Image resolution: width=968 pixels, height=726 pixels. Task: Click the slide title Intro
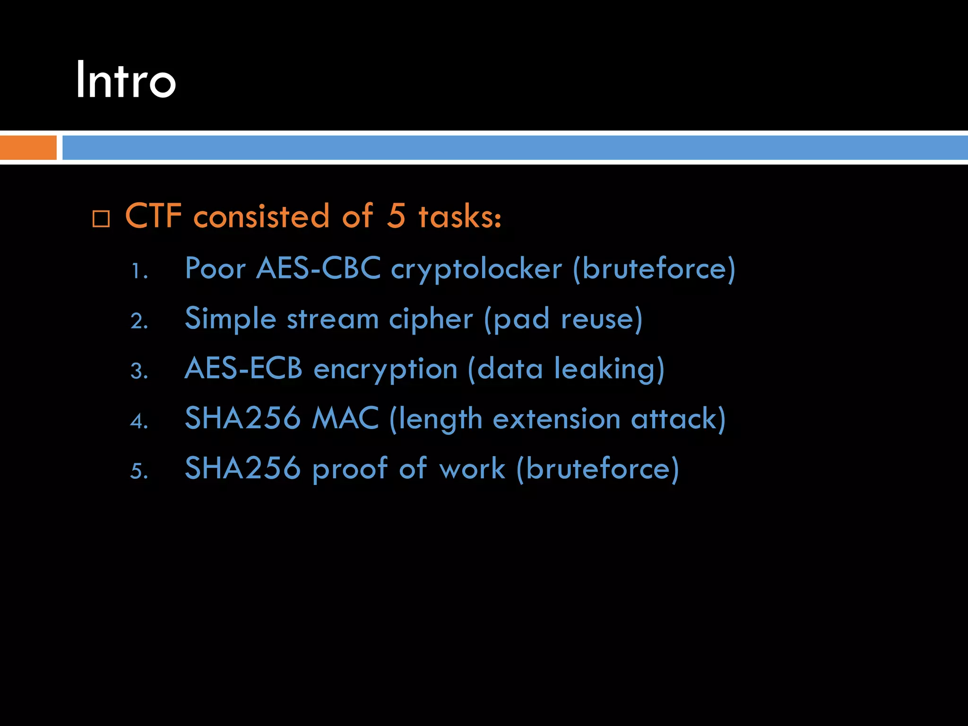(x=126, y=80)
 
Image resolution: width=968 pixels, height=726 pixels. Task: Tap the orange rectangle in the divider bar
(x=28, y=147)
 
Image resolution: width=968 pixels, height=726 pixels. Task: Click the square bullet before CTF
(x=101, y=219)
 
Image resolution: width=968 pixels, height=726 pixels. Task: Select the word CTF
(x=154, y=216)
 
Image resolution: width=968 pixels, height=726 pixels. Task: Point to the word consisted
(x=261, y=216)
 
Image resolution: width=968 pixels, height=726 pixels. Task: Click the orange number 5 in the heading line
(x=396, y=216)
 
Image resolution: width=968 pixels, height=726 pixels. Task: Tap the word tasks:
(x=460, y=216)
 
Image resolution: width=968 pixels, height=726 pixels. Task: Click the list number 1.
(x=139, y=272)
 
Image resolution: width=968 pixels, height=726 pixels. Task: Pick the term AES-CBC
(x=318, y=268)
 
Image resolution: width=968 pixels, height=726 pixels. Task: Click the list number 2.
(x=139, y=321)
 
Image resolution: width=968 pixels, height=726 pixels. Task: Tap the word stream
(x=333, y=319)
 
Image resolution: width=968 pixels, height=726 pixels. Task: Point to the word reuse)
(x=602, y=319)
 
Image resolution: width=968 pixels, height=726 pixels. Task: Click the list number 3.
(x=139, y=371)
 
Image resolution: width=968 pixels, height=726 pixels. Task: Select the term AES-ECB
(x=243, y=368)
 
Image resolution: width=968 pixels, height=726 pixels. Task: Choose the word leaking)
(x=609, y=369)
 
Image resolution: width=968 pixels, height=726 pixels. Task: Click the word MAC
(x=345, y=418)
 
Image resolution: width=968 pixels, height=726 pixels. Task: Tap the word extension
(x=556, y=419)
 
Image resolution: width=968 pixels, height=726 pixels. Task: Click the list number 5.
(x=139, y=471)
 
